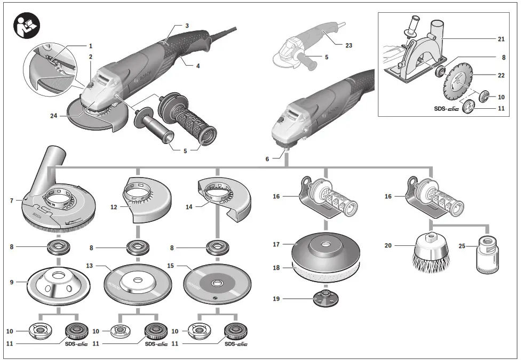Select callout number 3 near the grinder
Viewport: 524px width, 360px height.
pos(187,26)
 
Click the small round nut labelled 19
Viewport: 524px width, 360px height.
pos(323,299)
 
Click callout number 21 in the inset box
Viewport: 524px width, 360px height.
pos(501,39)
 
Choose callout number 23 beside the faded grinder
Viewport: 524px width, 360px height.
pos(348,45)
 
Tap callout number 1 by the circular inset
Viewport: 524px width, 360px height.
pos(91,46)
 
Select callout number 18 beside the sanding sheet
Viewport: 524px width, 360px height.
pos(276,268)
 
